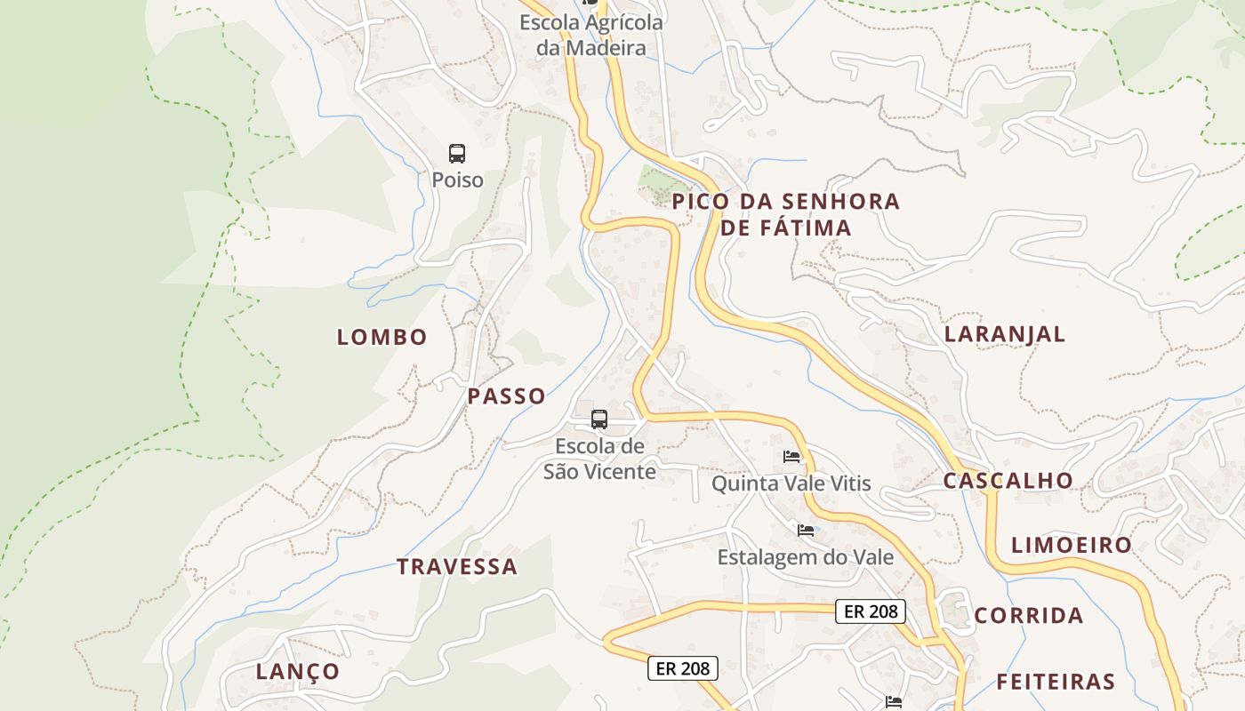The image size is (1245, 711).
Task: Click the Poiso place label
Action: point(457,180)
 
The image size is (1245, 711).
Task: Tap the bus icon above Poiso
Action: point(457,154)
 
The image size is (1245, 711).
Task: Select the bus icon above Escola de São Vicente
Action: point(599,419)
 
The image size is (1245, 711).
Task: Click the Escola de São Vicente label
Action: point(599,459)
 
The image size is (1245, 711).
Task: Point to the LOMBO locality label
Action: point(382,337)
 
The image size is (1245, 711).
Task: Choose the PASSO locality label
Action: point(507,396)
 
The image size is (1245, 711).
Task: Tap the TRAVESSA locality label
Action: point(457,567)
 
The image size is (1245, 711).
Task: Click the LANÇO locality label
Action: point(298,671)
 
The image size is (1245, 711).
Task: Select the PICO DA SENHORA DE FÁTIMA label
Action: point(786,214)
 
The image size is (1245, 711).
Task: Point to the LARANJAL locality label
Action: point(1005,334)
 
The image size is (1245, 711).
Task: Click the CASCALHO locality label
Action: point(1008,481)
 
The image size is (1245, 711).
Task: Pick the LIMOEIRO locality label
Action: point(1072,545)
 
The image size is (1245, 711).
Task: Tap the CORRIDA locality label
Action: point(1029,616)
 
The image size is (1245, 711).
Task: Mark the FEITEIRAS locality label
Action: point(1056,682)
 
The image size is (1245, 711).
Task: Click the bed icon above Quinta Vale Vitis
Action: point(791,457)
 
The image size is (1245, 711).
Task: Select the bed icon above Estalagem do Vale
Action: point(806,531)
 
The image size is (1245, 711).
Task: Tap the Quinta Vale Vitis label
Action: point(791,483)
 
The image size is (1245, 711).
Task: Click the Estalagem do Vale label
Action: point(806,557)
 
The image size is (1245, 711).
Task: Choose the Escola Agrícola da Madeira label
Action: point(591,35)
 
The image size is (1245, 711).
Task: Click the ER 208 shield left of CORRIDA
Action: point(871,611)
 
